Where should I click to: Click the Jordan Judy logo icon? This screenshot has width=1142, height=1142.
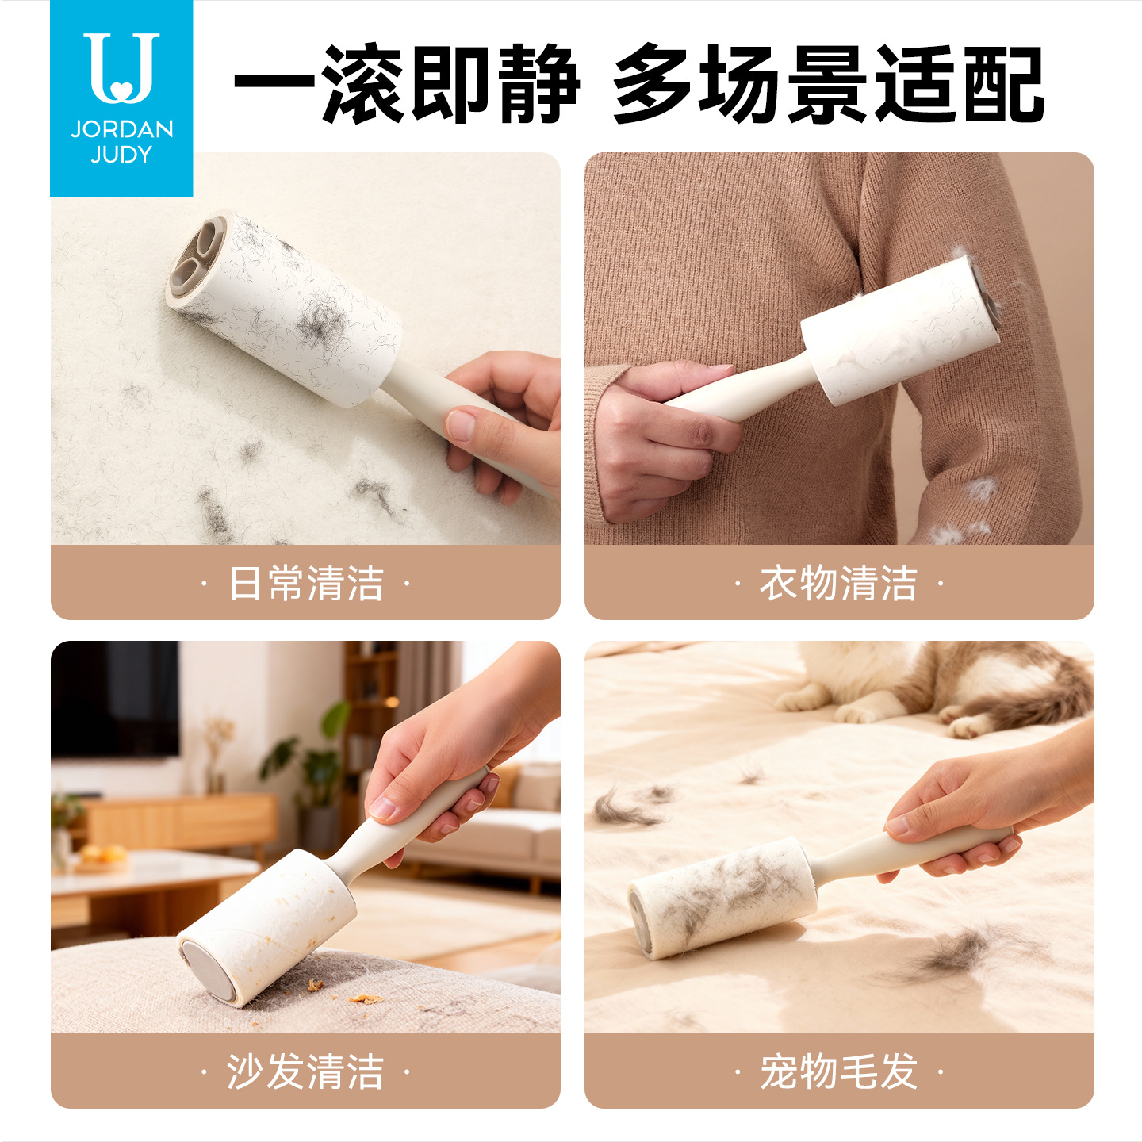tap(121, 68)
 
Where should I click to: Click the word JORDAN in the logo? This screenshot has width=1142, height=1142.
tap(122, 129)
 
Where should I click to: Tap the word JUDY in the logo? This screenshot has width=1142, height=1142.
tap(121, 155)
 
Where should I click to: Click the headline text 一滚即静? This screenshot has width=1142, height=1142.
tap(407, 83)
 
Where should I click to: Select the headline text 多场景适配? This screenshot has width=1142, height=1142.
tap(828, 83)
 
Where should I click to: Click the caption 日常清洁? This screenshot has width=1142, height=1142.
tap(306, 583)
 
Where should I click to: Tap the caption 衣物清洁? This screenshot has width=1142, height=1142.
tap(838, 583)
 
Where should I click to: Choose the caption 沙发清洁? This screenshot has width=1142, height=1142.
tap(306, 1071)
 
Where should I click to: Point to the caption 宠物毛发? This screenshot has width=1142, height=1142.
tap(838, 1071)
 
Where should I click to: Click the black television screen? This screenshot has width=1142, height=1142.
tap(115, 699)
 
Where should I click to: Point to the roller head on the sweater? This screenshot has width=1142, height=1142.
tap(901, 331)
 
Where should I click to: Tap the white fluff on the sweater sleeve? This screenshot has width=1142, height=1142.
tap(981, 489)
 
